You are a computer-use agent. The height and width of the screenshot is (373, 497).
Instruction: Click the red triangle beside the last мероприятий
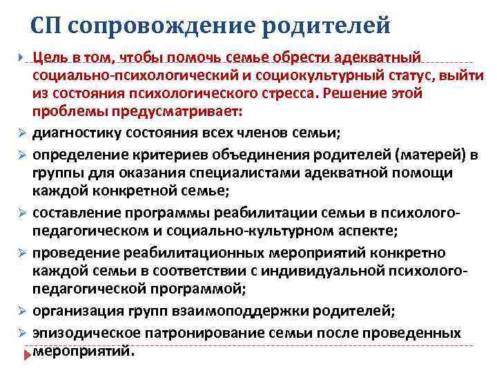tap(27, 352)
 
